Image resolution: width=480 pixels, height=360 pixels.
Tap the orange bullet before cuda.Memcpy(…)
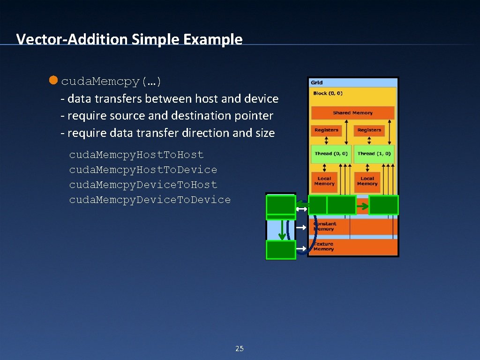53,81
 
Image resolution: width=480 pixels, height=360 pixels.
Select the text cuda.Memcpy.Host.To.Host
136,155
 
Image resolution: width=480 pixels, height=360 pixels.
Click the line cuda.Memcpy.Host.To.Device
143,170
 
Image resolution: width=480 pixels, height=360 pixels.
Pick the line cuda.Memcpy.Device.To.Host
143,185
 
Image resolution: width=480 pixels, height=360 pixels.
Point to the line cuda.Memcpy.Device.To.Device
150,200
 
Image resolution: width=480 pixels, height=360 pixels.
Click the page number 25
240,348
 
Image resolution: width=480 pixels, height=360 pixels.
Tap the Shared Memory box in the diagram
352,113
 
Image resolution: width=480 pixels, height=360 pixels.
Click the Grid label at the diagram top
317,82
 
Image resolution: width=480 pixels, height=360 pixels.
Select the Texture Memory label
323,247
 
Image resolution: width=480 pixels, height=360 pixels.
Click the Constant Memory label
324,226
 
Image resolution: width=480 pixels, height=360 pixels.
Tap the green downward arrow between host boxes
281,229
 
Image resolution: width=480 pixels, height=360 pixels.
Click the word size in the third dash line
265,133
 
